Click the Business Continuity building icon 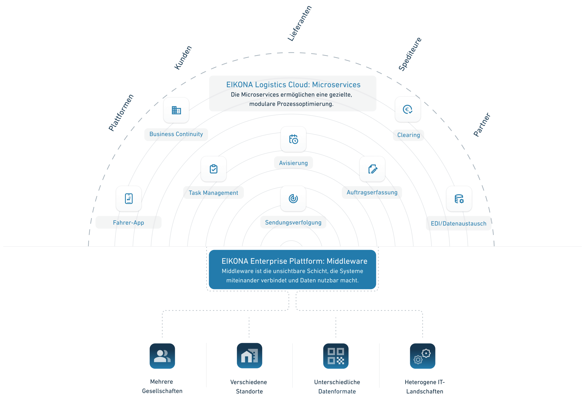176,110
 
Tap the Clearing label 408,135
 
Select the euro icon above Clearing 408,110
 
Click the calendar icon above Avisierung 293,139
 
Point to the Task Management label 213,193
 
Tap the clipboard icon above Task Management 213,169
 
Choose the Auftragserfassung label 372,192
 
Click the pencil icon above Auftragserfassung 372,169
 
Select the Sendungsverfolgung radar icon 293,199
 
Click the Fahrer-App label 128,222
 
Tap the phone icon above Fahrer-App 129,199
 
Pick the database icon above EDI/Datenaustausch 459,199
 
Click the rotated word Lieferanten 299,24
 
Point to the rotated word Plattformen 121,113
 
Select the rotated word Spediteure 410,54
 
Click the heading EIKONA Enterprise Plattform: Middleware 294,261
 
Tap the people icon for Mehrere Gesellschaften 162,356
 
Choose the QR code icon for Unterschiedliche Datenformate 336,356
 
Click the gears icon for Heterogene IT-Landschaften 422,356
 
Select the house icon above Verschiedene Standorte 249,355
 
